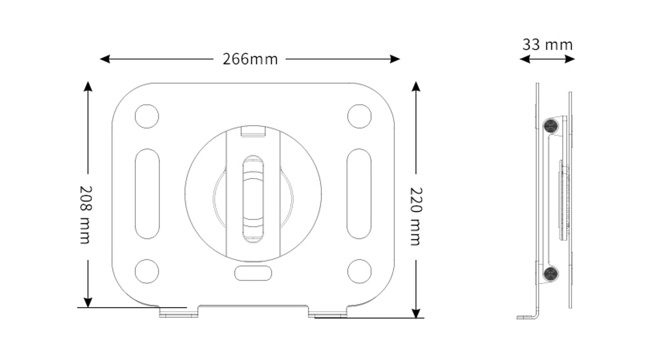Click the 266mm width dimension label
250,59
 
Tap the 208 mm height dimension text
86,215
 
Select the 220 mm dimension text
416,216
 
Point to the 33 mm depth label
547,45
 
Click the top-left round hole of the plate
147,116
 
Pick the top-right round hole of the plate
359,116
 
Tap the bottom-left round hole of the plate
147,271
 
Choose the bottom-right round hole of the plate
359,271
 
